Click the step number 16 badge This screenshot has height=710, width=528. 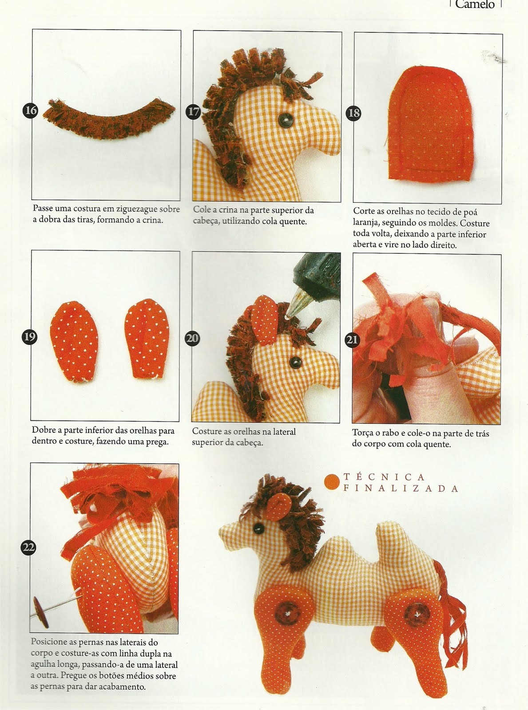[x=31, y=111]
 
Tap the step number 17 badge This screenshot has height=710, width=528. [x=193, y=112]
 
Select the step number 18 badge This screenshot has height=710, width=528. [x=353, y=114]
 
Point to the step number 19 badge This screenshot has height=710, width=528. [x=29, y=337]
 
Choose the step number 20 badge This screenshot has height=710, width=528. [x=192, y=338]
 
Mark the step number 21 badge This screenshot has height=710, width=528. [x=353, y=339]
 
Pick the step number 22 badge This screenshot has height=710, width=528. [x=28, y=548]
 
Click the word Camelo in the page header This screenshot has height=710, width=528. [x=475, y=4]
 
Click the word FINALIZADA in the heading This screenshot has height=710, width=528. [x=401, y=489]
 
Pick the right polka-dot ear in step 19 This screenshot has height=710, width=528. [x=147, y=339]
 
